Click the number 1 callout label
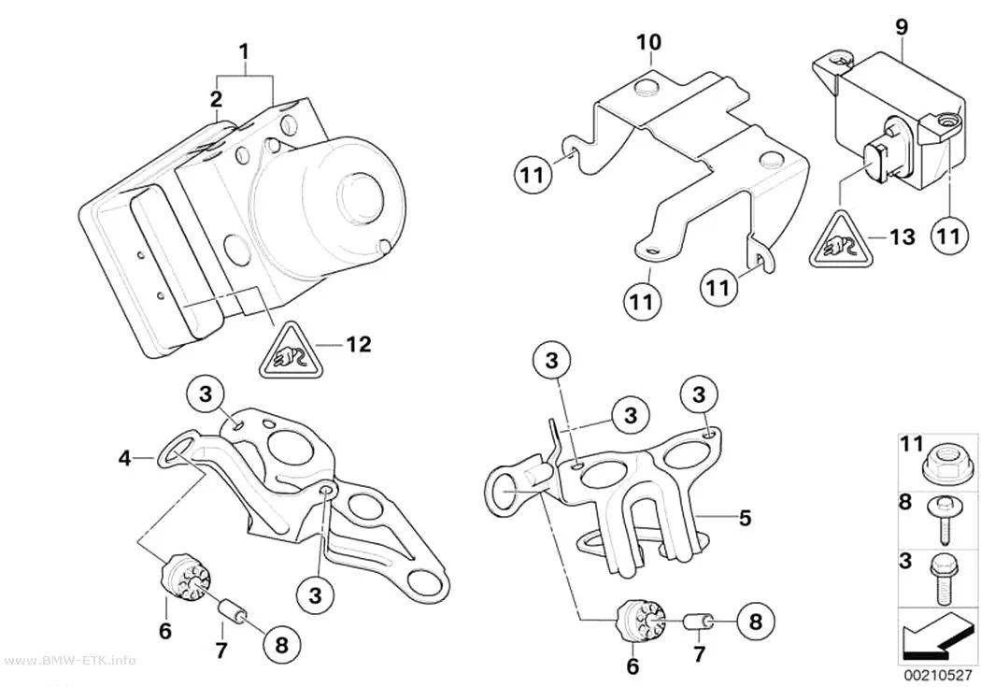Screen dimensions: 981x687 [x=245, y=51]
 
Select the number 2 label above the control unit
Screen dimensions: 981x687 [x=216, y=99]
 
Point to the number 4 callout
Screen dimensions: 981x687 [x=125, y=459]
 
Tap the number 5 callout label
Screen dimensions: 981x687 [x=745, y=518]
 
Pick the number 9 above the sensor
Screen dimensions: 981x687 [x=902, y=27]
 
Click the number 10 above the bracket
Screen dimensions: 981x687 [x=648, y=43]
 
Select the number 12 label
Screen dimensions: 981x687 [x=359, y=344]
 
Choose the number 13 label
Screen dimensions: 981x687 [x=902, y=237]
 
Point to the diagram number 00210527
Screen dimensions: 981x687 [x=936, y=677]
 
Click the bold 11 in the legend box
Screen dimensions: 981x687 [x=912, y=445]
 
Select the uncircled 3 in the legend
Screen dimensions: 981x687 [x=906, y=561]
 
